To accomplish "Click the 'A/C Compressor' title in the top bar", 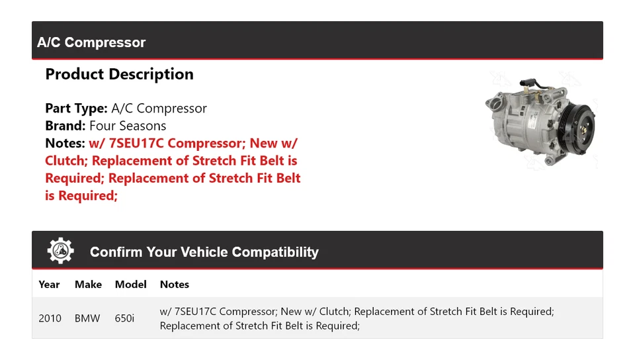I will [x=91, y=42].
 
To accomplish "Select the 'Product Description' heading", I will [x=119, y=74].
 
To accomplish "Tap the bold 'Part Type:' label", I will [x=76, y=109].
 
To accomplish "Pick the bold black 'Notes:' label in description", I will [x=65, y=143].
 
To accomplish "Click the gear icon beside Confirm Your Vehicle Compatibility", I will [x=60, y=251].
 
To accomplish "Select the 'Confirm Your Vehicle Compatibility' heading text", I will [x=204, y=252].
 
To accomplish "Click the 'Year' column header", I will [x=49, y=285].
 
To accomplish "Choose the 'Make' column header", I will [x=88, y=285].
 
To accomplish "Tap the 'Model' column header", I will [x=130, y=285].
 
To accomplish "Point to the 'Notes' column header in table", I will [x=175, y=285].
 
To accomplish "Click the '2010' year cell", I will [x=50, y=318].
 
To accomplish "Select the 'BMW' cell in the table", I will [x=87, y=318].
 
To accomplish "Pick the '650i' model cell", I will [x=124, y=318].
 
